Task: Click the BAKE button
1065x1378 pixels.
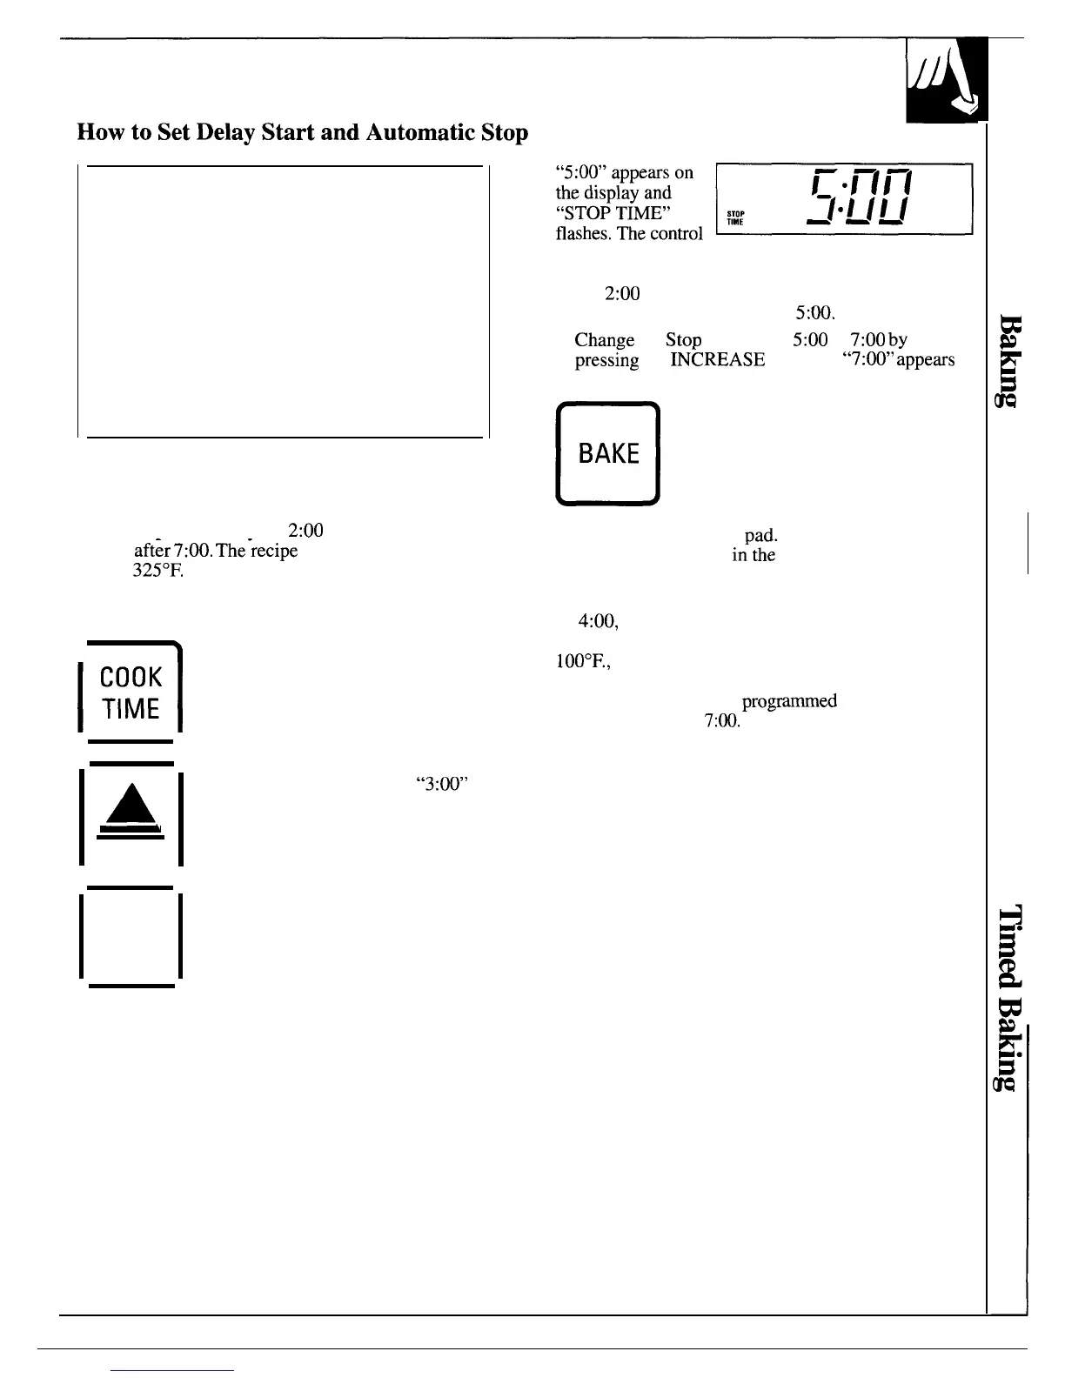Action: [607, 453]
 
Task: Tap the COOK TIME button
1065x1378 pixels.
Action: [131, 692]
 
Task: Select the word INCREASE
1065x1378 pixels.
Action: [717, 360]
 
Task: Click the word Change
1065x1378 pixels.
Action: [604, 340]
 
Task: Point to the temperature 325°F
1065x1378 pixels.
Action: [157, 572]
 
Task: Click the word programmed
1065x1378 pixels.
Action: [789, 701]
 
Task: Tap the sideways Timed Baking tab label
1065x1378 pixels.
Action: [1008, 997]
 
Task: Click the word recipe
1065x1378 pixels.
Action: [272, 551]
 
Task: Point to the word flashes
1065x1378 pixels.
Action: [583, 234]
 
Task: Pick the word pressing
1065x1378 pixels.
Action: [606, 360]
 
